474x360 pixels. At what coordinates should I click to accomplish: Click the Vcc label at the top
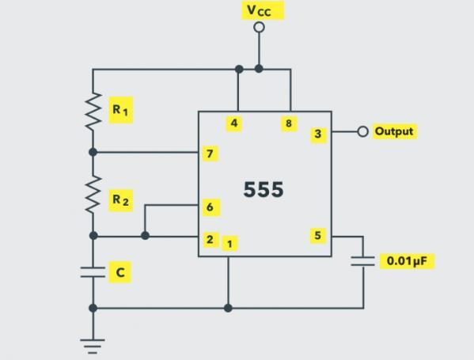[x=263, y=10]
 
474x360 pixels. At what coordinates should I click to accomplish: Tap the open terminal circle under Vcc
[x=259, y=27]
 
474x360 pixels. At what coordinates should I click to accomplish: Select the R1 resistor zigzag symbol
[x=93, y=112]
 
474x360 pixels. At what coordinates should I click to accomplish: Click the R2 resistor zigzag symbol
[x=93, y=195]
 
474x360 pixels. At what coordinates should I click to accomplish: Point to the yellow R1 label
[x=120, y=110]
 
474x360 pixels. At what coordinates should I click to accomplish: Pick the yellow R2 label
[x=120, y=200]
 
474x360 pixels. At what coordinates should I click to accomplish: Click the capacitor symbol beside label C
[x=93, y=272]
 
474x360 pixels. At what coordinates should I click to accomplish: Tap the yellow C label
[x=120, y=272]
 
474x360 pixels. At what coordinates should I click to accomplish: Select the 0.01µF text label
[x=407, y=261]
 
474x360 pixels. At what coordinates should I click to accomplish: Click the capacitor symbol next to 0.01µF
[x=363, y=261]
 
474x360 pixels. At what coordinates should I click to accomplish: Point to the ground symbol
[x=93, y=346]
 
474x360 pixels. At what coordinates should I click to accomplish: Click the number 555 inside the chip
[x=264, y=190]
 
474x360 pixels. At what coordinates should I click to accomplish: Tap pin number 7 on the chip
[x=210, y=153]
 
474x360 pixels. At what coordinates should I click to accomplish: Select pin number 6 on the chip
[x=210, y=207]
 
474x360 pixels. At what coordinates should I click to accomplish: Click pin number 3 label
[x=318, y=135]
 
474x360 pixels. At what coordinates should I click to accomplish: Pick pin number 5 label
[x=318, y=236]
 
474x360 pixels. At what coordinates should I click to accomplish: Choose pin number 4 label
[x=234, y=123]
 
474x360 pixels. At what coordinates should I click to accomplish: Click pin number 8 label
[x=289, y=123]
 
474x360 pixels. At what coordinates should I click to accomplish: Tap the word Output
[x=394, y=131]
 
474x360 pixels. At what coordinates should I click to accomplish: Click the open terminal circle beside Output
[x=362, y=131]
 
